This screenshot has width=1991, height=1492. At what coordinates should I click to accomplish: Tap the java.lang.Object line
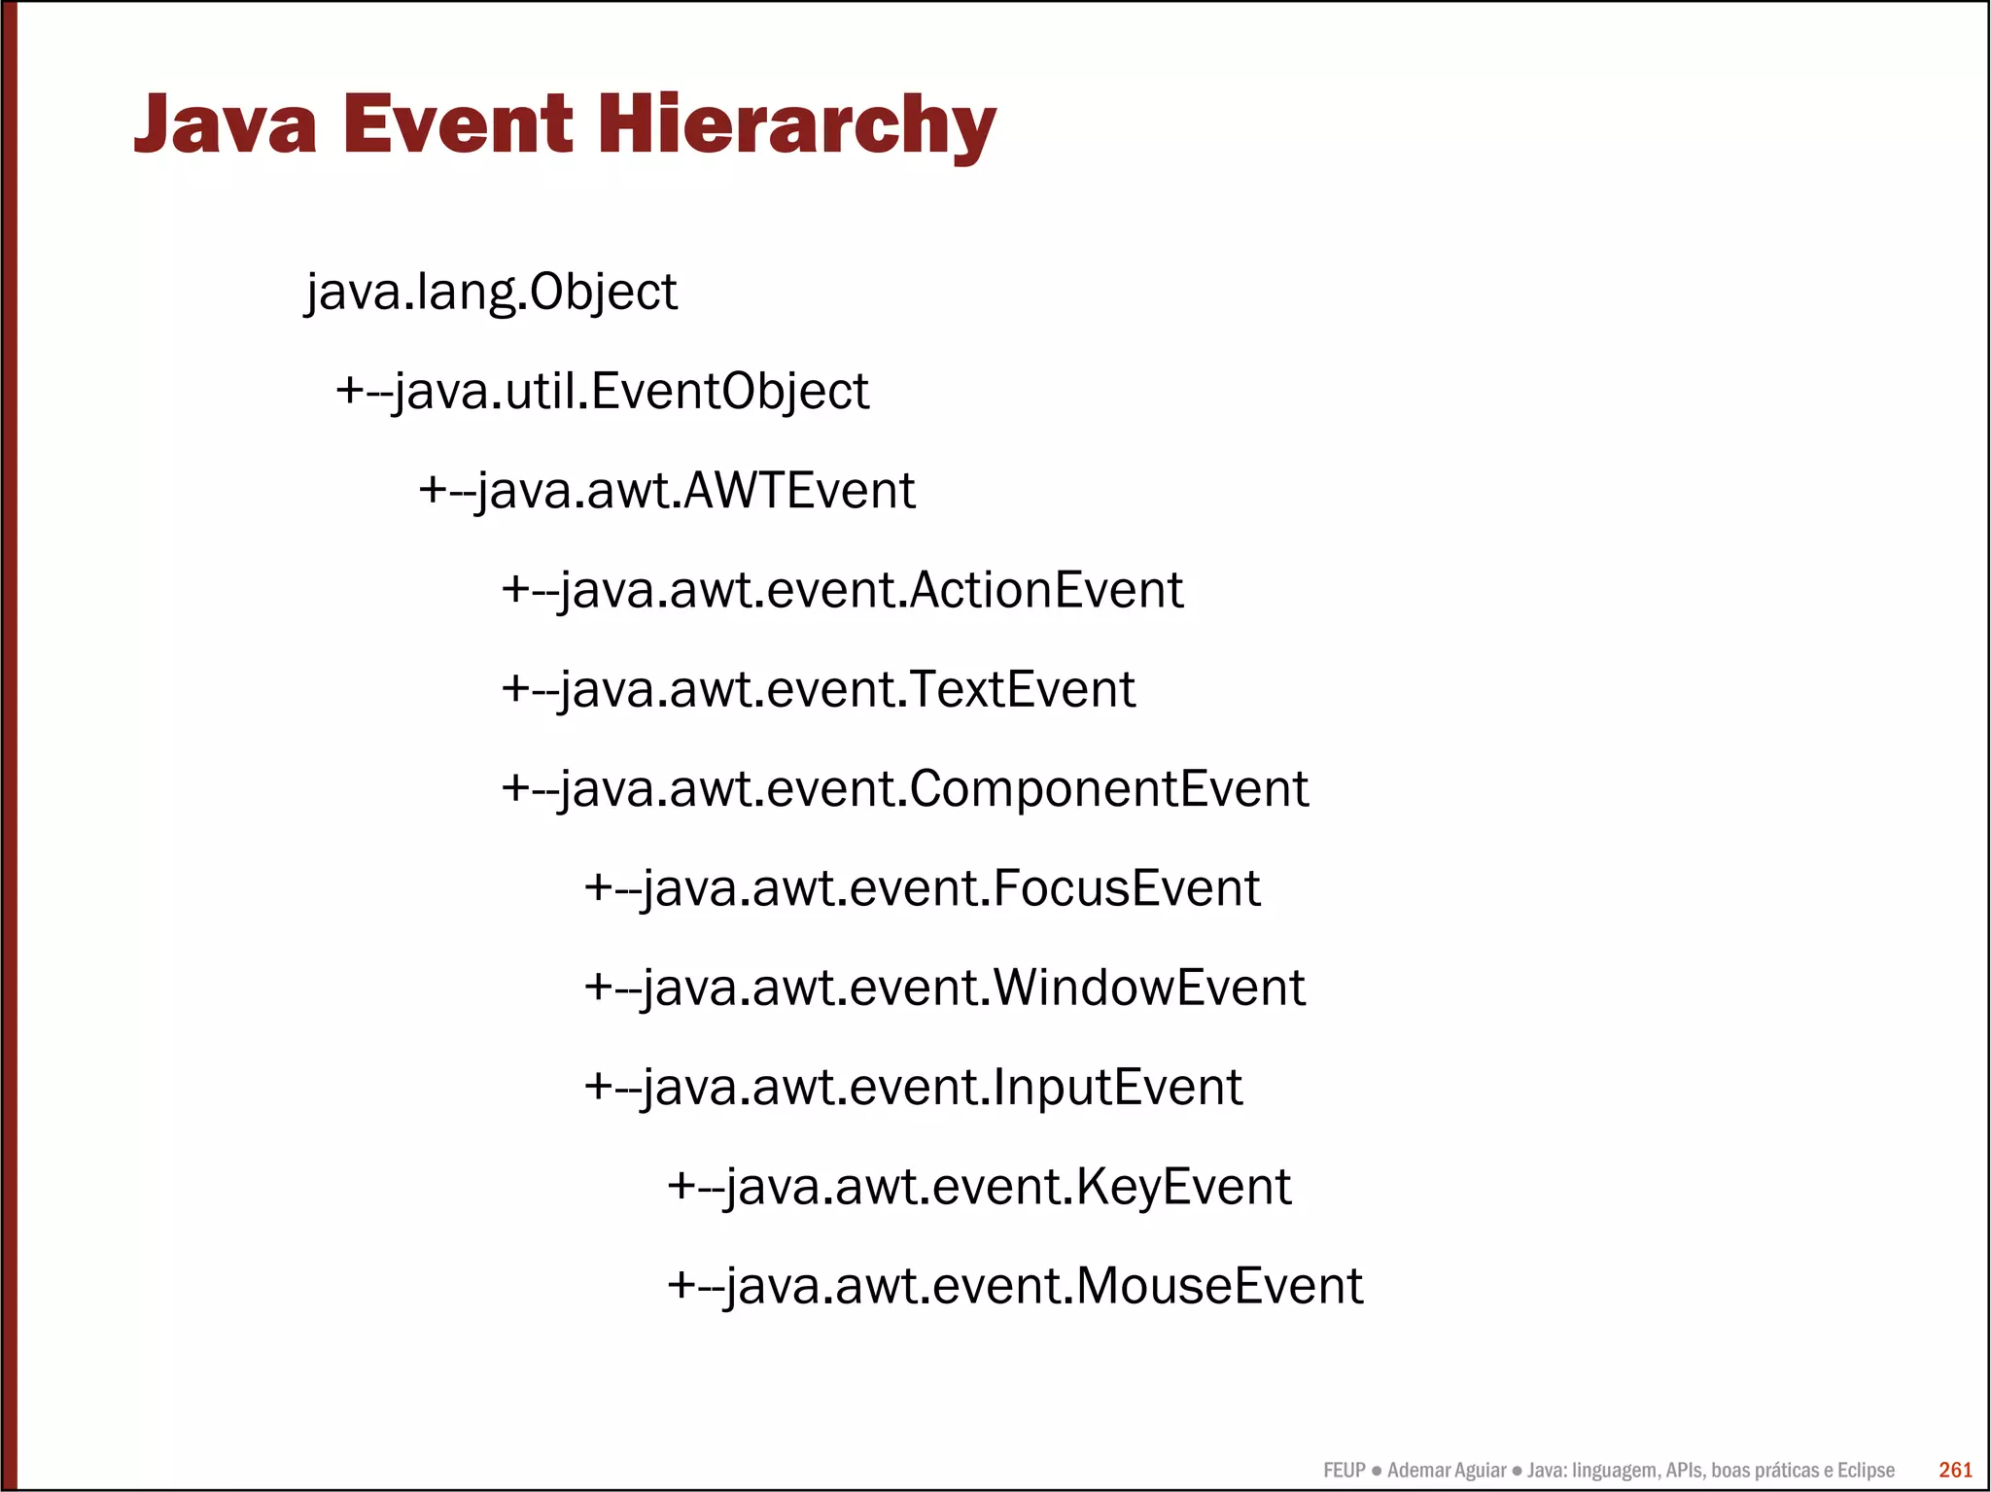(491, 292)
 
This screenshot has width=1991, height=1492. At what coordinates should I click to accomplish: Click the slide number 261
(1955, 1470)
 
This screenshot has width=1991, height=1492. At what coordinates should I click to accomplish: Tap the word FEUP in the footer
(1344, 1471)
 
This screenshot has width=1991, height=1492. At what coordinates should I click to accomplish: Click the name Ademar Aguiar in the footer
(1446, 1471)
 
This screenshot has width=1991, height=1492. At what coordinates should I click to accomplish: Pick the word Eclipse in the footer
(1865, 1471)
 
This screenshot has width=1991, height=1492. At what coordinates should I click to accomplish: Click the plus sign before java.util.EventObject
(350, 392)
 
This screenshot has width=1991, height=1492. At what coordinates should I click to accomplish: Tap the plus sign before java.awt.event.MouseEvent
(681, 1286)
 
